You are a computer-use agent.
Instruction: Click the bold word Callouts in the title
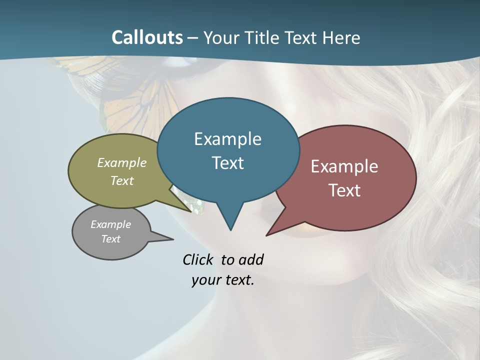[x=147, y=37]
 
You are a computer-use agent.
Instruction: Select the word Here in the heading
[x=341, y=37]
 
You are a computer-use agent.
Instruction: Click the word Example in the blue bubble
[x=227, y=139]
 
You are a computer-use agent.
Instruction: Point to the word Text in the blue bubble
[x=228, y=163]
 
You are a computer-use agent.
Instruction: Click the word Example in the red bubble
[x=344, y=166]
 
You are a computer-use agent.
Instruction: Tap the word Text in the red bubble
[x=344, y=190]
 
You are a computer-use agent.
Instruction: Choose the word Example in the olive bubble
[x=122, y=162]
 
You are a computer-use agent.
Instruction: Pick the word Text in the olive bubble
[x=122, y=180]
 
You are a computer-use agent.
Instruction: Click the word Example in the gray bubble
[x=111, y=224]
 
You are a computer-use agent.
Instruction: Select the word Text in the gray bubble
[x=111, y=239]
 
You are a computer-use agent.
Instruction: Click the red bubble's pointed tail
[x=268, y=234]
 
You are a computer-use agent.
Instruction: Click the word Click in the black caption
[x=198, y=259]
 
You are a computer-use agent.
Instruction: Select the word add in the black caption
[x=251, y=259]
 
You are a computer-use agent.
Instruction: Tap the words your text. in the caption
[x=223, y=280]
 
